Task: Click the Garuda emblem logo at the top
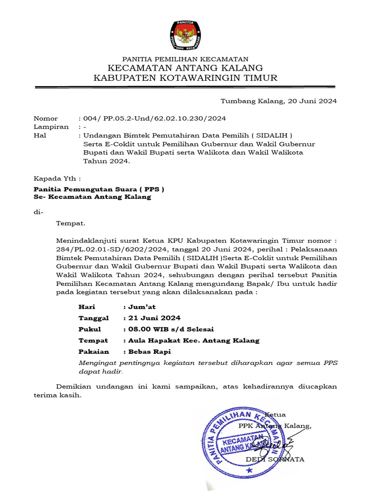click(185, 36)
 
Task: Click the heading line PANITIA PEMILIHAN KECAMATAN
click(185, 58)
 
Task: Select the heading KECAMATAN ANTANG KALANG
click(185, 68)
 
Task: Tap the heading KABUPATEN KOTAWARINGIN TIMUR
click(185, 78)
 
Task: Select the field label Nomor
click(45, 118)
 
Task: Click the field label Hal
click(40, 135)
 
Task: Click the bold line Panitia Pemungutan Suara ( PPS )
click(99, 189)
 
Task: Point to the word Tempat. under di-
click(71, 223)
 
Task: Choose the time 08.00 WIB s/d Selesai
click(171, 329)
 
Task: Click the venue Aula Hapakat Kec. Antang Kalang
click(193, 340)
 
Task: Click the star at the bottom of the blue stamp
click(249, 470)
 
